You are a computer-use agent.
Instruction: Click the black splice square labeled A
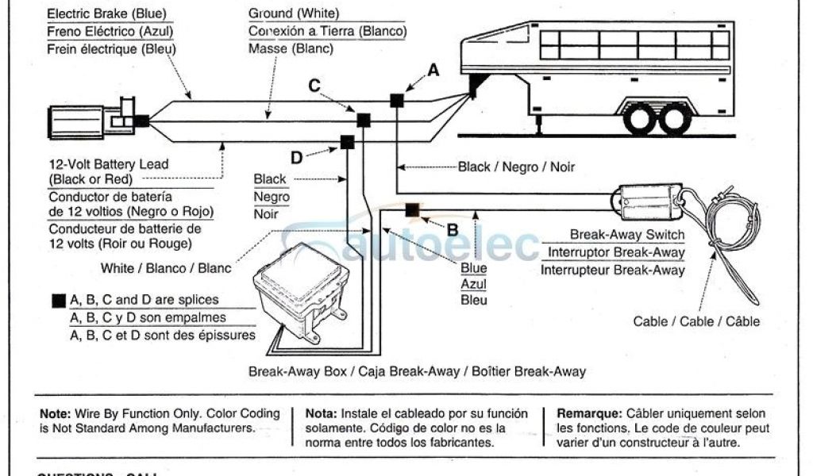(396, 100)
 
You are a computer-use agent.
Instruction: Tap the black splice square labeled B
(411, 210)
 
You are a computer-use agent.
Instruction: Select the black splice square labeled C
(364, 121)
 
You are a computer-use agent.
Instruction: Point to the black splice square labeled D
(347, 143)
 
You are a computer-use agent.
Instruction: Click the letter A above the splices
(433, 70)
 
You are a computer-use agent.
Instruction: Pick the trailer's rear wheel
(674, 119)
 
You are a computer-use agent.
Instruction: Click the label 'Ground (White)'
(294, 13)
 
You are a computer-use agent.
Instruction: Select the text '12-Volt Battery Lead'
(109, 164)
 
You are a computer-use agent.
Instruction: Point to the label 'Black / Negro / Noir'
(516, 167)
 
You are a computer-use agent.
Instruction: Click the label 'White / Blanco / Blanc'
(166, 268)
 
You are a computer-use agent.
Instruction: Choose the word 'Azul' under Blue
(474, 284)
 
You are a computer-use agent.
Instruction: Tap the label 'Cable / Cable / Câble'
(696, 321)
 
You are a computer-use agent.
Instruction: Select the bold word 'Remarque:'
(588, 413)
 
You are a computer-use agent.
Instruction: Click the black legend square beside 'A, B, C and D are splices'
(58, 301)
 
